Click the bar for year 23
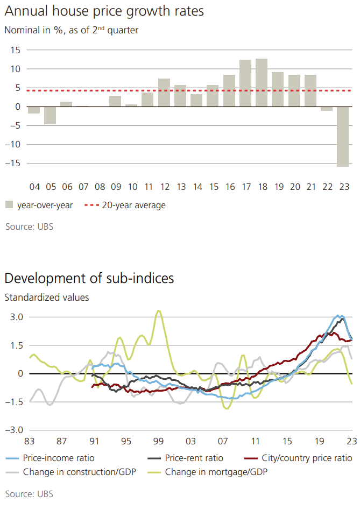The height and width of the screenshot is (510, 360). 343,137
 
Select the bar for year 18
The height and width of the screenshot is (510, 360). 262,82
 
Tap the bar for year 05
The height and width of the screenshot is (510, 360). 50,115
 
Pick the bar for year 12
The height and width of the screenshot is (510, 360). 164,93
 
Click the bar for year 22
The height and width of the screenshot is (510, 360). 327,109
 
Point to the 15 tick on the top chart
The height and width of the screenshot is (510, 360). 15,50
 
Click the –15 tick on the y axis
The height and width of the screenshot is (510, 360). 12,163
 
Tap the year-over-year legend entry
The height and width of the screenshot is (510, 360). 39,205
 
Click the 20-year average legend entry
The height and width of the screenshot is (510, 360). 130,205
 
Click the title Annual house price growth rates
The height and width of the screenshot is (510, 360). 104,11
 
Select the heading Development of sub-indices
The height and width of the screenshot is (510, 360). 89,278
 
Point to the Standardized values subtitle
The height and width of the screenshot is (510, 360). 47,297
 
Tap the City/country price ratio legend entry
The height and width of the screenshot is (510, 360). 306,458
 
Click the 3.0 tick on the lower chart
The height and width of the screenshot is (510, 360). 17,317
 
